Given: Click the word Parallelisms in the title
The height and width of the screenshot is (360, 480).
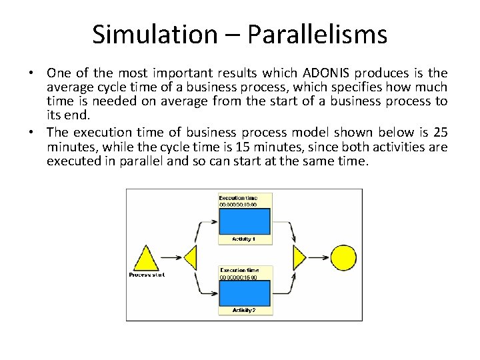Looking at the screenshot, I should pyautogui.click(x=317, y=35).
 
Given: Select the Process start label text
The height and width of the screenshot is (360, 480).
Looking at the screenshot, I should pyautogui.click(x=147, y=275).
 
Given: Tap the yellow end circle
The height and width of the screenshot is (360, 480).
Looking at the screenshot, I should pyautogui.click(x=344, y=257).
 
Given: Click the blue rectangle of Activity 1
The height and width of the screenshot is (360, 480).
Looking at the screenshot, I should pyautogui.click(x=245, y=221).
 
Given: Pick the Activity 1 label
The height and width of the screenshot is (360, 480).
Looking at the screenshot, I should pyautogui.click(x=244, y=239).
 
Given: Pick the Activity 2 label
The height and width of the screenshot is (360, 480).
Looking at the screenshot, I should pyautogui.click(x=244, y=310).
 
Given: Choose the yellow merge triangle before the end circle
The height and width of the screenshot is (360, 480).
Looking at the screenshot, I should pyautogui.click(x=299, y=257).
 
